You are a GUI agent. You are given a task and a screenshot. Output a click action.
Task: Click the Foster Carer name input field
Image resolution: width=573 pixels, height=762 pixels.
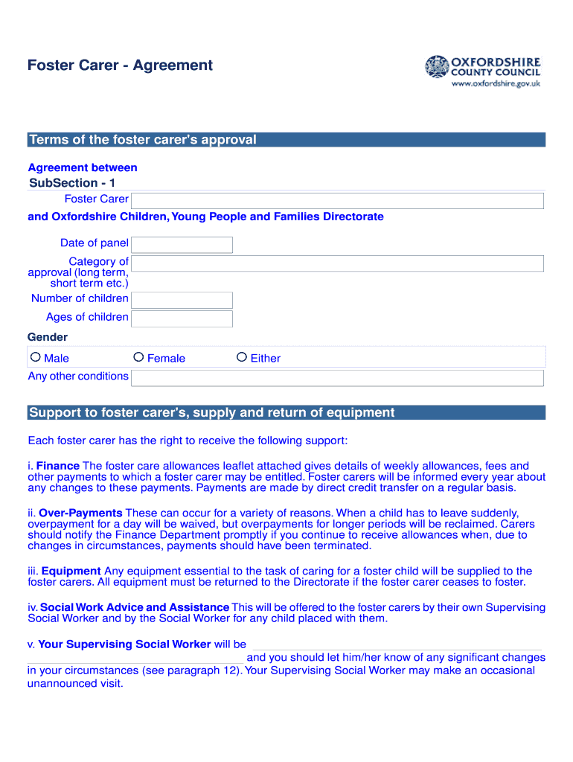pyautogui.click(x=337, y=201)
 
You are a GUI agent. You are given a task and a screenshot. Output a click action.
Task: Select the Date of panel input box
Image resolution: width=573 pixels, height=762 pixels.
pyautogui.click(x=182, y=245)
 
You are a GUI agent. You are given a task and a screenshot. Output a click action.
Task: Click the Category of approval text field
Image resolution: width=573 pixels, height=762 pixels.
pyautogui.click(x=337, y=263)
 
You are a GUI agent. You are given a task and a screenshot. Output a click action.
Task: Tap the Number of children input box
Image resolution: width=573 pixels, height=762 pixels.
pyautogui.click(x=182, y=300)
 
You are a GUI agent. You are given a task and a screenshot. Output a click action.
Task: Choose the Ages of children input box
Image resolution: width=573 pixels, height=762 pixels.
pyautogui.click(x=182, y=318)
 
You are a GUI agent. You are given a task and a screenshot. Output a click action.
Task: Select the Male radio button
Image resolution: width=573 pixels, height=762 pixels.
pyautogui.click(x=35, y=358)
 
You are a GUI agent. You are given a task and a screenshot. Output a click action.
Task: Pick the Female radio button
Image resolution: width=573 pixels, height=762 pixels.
pyautogui.click(x=138, y=358)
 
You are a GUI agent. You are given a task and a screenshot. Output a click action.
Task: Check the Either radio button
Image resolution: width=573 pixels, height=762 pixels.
pyautogui.click(x=241, y=358)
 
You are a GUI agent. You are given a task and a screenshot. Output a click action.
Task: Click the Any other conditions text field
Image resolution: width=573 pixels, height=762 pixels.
pyautogui.click(x=337, y=378)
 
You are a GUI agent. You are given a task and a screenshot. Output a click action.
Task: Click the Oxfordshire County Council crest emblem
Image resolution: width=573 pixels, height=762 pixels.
pyautogui.click(x=437, y=67)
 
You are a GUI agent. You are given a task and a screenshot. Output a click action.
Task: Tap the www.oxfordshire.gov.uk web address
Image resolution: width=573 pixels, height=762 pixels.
pyautogui.click(x=496, y=83)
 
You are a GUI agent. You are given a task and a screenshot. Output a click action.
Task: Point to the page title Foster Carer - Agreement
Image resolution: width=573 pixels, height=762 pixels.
pyautogui.click(x=120, y=65)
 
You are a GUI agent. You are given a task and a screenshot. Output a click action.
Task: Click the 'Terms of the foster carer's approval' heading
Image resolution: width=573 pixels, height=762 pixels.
pyautogui.click(x=142, y=140)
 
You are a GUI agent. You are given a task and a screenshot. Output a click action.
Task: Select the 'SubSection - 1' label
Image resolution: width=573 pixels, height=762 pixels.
pyautogui.click(x=72, y=183)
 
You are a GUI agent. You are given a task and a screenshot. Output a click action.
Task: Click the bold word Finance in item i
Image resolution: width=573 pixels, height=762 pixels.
pyautogui.click(x=58, y=466)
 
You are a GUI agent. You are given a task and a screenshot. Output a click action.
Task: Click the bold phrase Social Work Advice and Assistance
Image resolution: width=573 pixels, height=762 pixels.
pyautogui.click(x=135, y=607)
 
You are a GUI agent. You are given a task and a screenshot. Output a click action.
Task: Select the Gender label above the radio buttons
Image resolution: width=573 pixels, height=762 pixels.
pyautogui.click(x=48, y=337)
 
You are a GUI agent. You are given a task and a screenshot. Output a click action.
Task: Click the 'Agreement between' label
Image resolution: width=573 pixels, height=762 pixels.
pyautogui.click(x=83, y=167)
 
